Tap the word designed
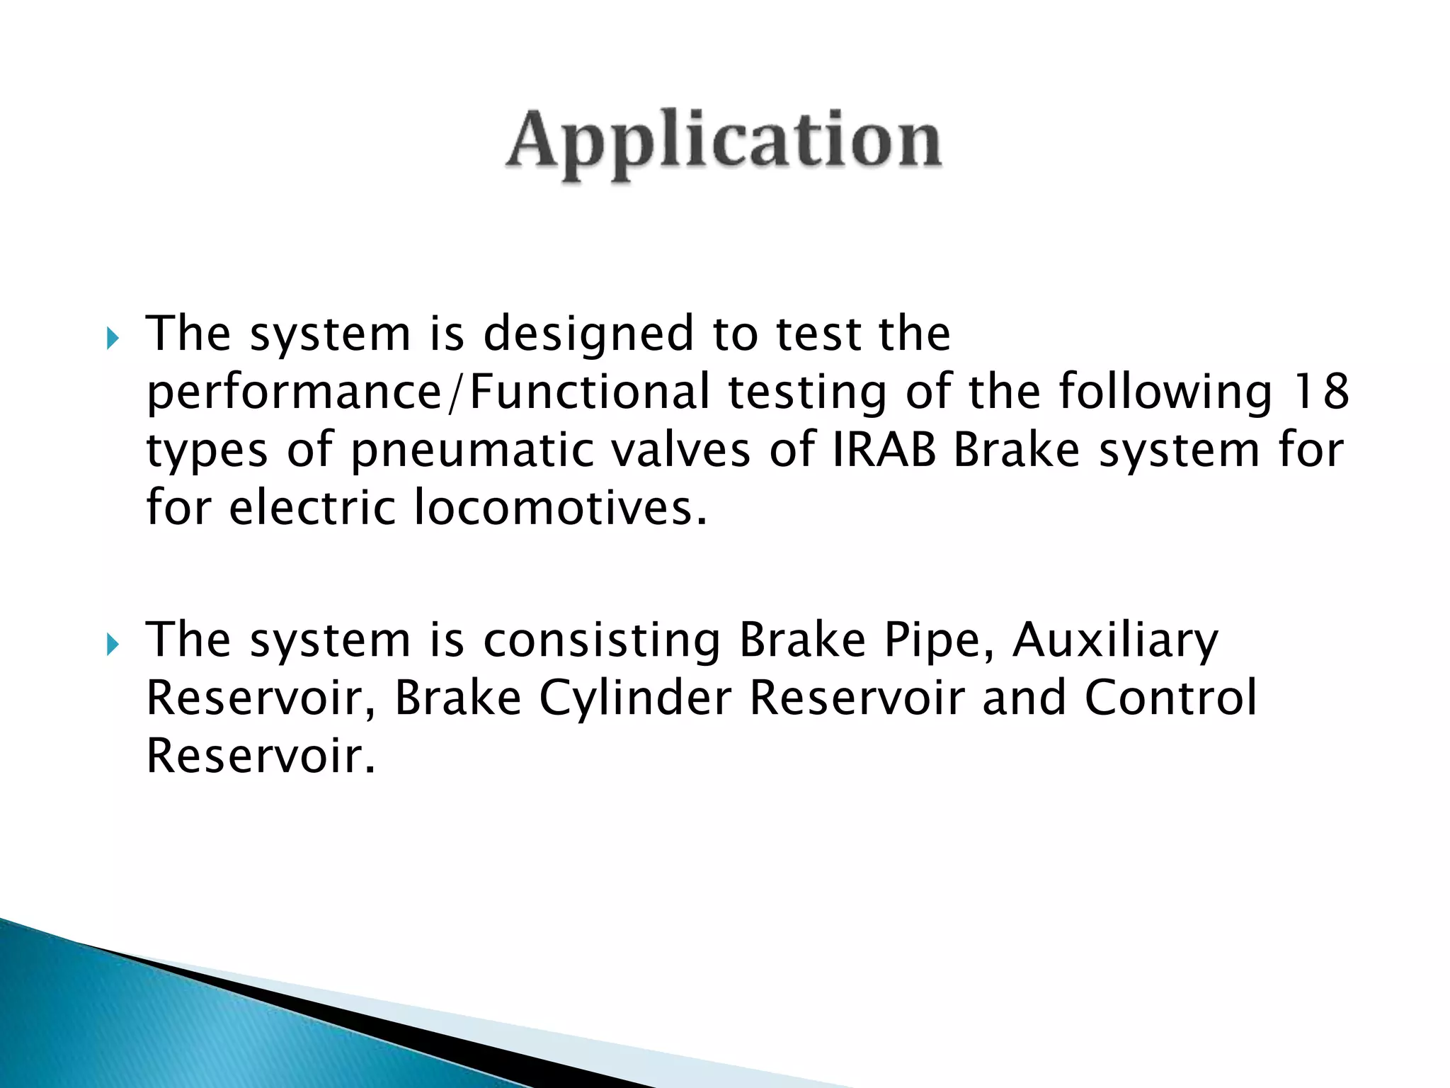pyautogui.click(x=588, y=334)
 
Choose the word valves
pyautogui.click(x=680, y=450)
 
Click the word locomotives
pyautogui.click(x=559, y=508)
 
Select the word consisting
pyautogui.click(x=601, y=640)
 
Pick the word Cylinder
pyautogui.click(x=635, y=699)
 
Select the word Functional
pyautogui.click(x=589, y=392)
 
